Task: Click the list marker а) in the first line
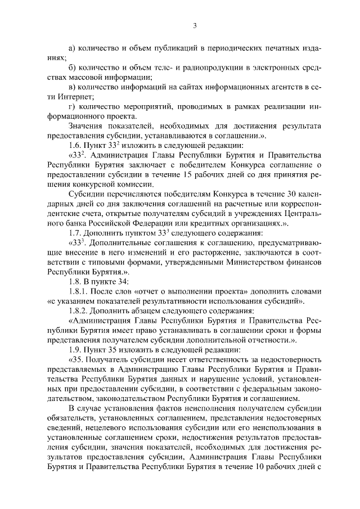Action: tap(72, 48)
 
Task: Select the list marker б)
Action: tap(72, 67)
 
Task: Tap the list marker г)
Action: tap(71, 106)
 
